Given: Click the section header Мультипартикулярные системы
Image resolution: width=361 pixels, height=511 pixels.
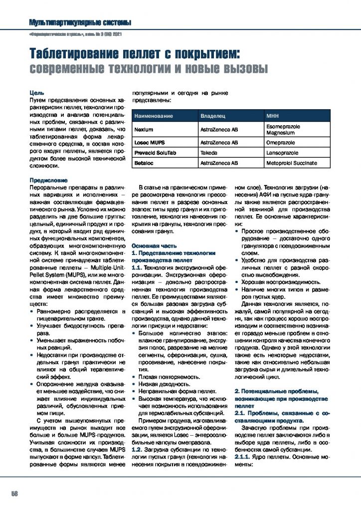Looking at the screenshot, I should tap(80, 22).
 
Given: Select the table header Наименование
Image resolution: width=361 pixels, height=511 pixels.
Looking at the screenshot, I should tap(154, 116).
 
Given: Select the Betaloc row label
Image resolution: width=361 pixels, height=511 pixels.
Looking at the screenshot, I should tap(145, 163).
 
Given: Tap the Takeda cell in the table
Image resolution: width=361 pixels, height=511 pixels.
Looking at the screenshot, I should tap(208, 153).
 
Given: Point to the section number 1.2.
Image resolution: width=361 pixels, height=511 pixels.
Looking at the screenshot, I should tap(137, 450).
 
